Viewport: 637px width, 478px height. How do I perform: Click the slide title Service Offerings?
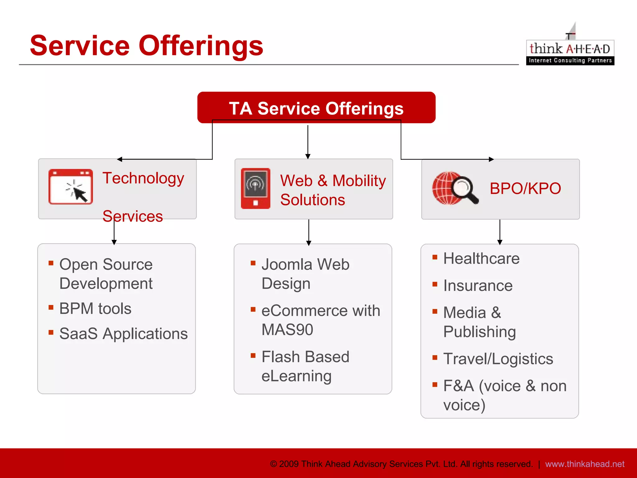(x=146, y=46)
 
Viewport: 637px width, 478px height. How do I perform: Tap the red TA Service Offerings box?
(x=316, y=108)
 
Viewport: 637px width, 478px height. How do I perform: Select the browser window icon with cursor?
(x=71, y=187)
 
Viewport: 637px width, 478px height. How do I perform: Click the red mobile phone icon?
(x=255, y=188)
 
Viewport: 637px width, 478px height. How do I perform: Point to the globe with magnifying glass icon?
(x=455, y=188)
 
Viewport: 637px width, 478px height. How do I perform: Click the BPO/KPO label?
(x=525, y=188)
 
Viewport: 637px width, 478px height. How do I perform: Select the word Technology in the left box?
(x=143, y=178)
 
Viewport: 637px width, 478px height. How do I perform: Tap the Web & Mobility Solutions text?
(x=332, y=190)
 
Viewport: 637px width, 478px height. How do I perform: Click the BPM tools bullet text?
(x=95, y=309)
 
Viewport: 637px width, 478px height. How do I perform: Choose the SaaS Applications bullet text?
(x=123, y=334)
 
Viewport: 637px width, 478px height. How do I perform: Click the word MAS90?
(x=287, y=330)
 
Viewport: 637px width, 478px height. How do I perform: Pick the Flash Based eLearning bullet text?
(x=305, y=366)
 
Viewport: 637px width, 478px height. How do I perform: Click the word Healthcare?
(x=481, y=259)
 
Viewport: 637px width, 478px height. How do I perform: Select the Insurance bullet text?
(x=478, y=286)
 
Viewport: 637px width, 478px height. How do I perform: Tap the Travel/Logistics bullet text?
(x=498, y=359)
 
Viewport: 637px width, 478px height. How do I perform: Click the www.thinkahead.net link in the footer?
(x=584, y=464)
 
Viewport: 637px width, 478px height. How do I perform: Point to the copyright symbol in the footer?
(x=273, y=464)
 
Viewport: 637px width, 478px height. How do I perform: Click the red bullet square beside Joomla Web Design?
(x=253, y=263)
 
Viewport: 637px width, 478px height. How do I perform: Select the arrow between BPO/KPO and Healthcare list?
(x=500, y=232)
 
